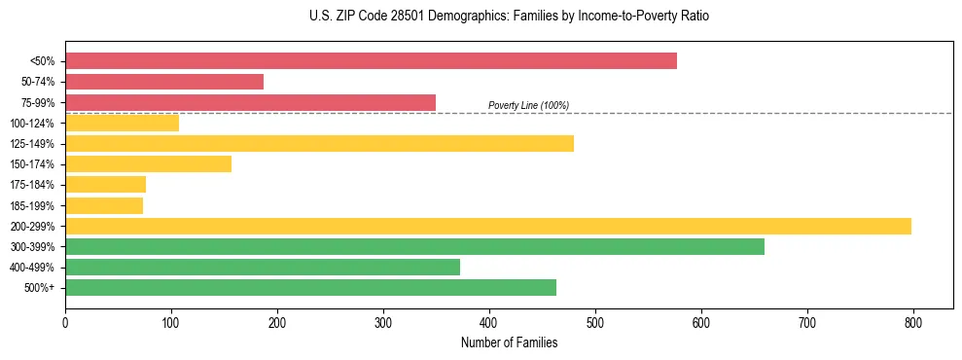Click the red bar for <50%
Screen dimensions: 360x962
pyautogui.click(x=371, y=61)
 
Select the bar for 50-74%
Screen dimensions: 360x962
pyautogui.click(x=164, y=82)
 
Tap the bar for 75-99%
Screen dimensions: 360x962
pyautogui.click(x=250, y=102)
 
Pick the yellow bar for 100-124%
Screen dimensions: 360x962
pyautogui.click(x=122, y=123)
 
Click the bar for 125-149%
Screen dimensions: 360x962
pyautogui.click(x=319, y=143)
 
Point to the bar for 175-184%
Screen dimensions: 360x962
pyautogui.click(x=105, y=185)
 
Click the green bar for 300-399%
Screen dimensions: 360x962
pyautogui.click(x=414, y=246)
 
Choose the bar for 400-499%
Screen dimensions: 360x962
pyautogui.click(x=263, y=267)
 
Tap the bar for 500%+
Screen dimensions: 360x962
pyautogui.click(x=310, y=287)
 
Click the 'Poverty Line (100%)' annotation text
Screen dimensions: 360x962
pyautogui.click(x=528, y=105)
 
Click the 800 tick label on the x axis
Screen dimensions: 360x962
pyautogui.click(x=913, y=321)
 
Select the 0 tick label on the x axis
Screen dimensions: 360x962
pyautogui.click(x=65, y=321)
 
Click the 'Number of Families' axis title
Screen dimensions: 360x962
pyautogui.click(x=509, y=342)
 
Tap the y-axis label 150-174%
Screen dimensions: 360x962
pyautogui.click(x=31, y=164)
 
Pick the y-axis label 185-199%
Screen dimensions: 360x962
pyautogui.click(x=31, y=205)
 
